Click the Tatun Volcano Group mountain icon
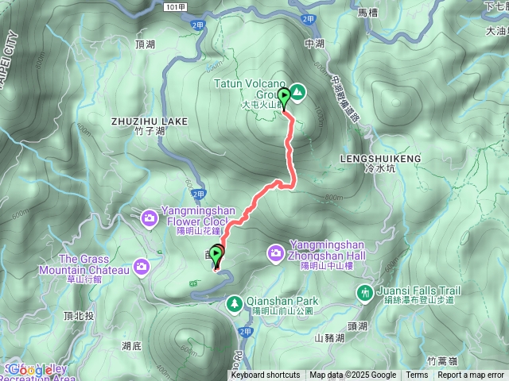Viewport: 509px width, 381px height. pos(297,92)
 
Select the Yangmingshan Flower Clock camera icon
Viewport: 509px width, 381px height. pos(149,217)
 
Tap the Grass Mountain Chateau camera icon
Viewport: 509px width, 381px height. pos(142,265)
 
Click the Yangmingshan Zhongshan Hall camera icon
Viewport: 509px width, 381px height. pos(276,252)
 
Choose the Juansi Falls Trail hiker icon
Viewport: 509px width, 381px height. pos(365,291)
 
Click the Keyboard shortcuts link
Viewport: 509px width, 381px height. pos(266,375)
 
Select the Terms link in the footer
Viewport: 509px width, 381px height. pos(417,375)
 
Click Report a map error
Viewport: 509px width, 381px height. pos(472,375)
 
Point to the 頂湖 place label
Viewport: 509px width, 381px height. pos(146,44)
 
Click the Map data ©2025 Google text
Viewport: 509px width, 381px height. pos(353,375)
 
